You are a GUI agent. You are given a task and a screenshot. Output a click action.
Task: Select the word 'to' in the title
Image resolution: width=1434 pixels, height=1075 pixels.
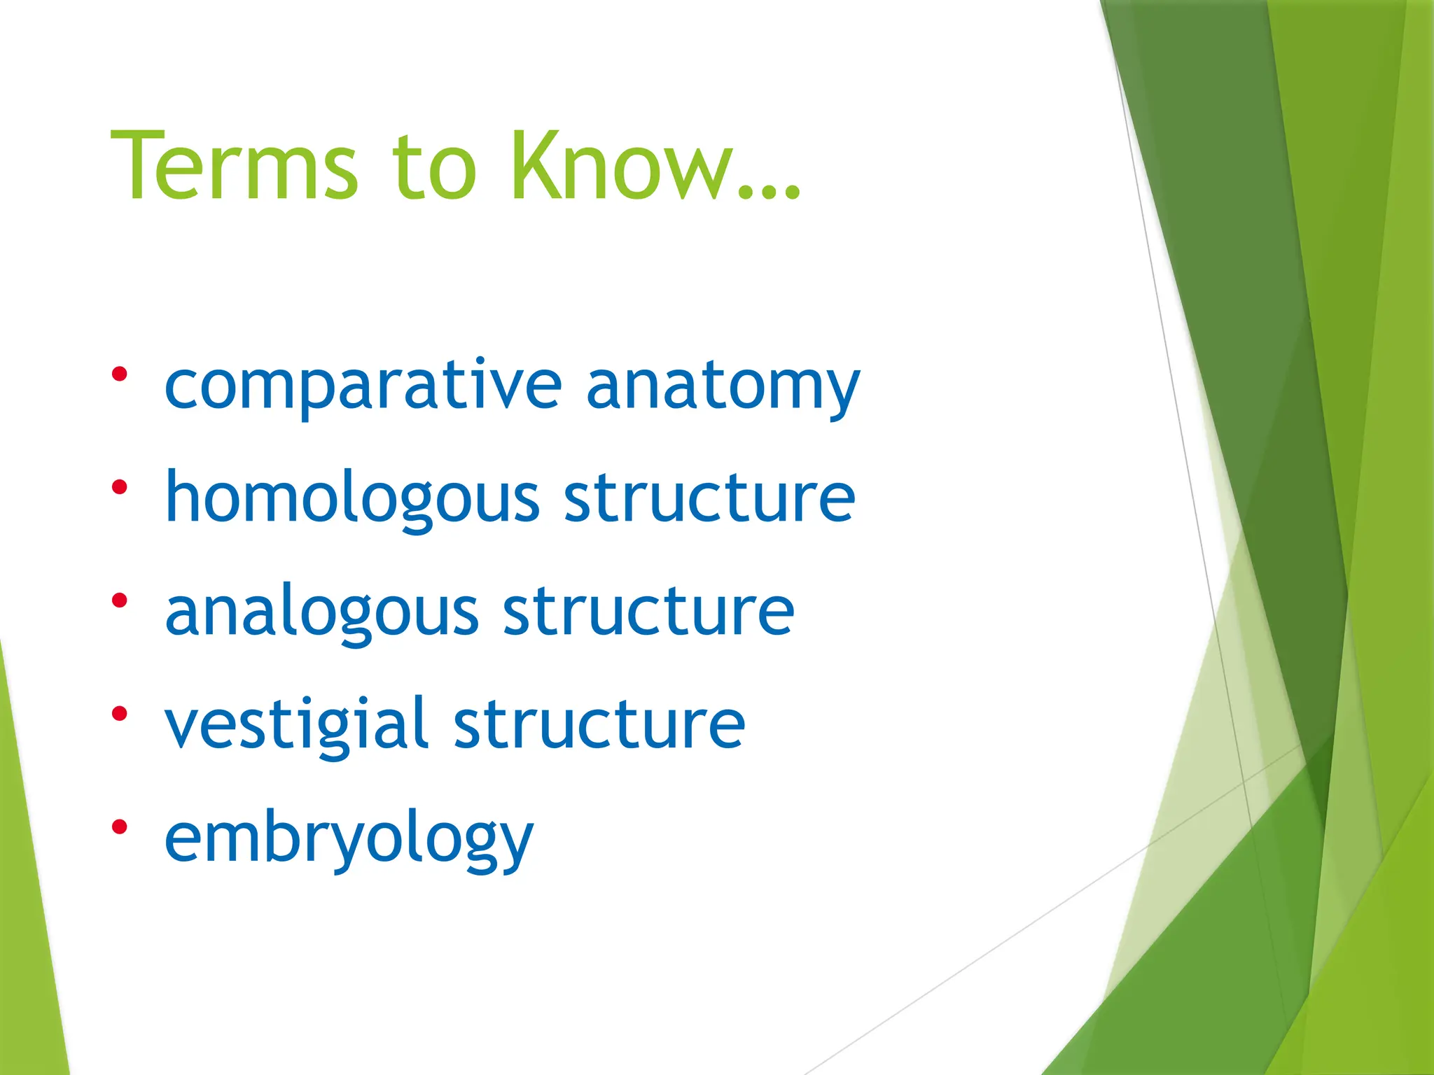(x=434, y=168)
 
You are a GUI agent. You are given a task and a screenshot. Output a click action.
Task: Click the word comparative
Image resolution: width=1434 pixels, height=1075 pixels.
(x=363, y=386)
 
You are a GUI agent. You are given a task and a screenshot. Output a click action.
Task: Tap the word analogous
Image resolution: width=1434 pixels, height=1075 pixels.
(x=322, y=612)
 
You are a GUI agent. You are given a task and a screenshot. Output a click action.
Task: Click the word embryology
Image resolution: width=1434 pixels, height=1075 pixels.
(x=349, y=838)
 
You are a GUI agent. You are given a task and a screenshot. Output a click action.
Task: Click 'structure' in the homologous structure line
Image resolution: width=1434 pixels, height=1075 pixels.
(x=709, y=498)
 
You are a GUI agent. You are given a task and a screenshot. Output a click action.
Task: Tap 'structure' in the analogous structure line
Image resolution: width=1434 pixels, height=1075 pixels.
(x=648, y=612)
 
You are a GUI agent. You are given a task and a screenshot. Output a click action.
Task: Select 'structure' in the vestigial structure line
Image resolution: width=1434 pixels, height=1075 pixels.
(x=599, y=724)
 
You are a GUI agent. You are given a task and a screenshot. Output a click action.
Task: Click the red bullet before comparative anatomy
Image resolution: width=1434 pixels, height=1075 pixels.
(x=120, y=374)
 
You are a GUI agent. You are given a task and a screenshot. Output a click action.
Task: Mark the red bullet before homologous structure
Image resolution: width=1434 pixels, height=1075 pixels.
(x=120, y=486)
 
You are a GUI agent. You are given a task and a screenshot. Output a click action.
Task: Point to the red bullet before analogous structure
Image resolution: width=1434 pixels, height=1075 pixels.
(x=120, y=600)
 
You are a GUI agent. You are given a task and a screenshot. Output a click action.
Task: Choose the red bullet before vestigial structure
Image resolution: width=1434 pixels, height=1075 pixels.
(x=120, y=713)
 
